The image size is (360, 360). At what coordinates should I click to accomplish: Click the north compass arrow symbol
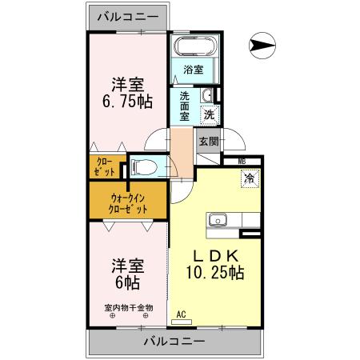pyautogui.click(x=261, y=45)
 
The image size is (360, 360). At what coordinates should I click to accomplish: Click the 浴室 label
pyautogui.click(x=193, y=70)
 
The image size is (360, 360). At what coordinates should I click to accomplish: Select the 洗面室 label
pyautogui.click(x=184, y=105)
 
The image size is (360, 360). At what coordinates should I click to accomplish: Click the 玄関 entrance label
pyautogui.click(x=208, y=141)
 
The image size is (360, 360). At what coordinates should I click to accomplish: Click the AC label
pyautogui.click(x=180, y=314)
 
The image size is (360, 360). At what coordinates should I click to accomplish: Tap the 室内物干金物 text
pyautogui.click(x=128, y=307)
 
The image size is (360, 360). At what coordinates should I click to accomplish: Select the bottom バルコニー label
pyautogui.click(x=174, y=342)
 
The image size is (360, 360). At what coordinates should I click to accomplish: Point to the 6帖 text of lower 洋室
pyautogui.click(x=126, y=282)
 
